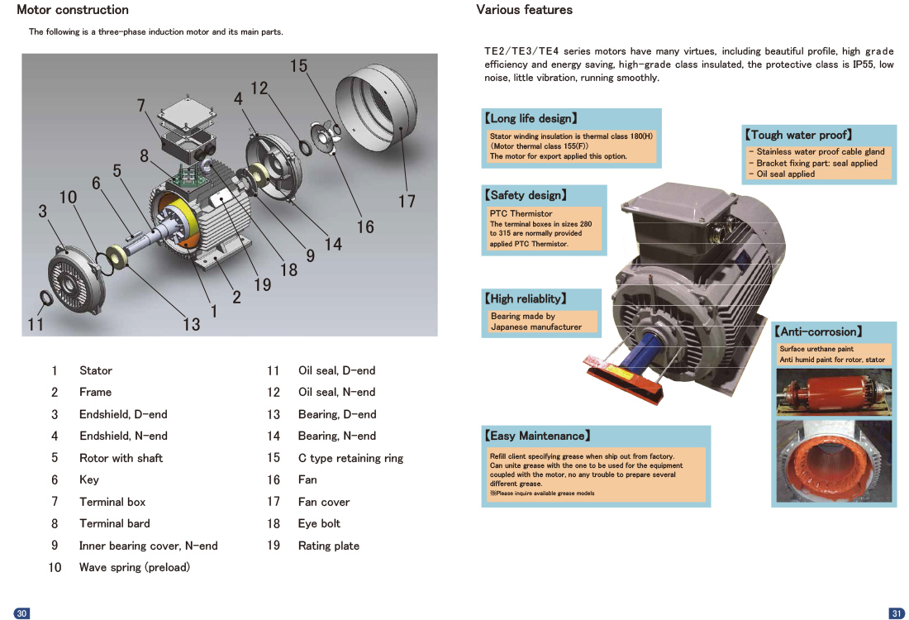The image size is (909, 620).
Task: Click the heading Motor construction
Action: pyautogui.click(x=73, y=10)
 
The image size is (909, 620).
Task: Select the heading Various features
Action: pyautogui.click(x=524, y=10)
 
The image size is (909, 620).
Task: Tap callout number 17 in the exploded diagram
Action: pyautogui.click(x=407, y=201)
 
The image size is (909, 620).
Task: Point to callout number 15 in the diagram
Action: pyautogui.click(x=298, y=66)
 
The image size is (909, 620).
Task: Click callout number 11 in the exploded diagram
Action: pyautogui.click(x=35, y=324)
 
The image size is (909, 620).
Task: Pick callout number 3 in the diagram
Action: pyautogui.click(x=42, y=211)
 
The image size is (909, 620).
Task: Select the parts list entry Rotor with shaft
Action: pyautogui.click(x=121, y=458)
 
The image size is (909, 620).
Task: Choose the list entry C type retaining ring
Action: pyautogui.click(x=350, y=458)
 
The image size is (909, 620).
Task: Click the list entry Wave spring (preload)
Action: pyautogui.click(x=134, y=567)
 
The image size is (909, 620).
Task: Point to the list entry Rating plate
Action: pyautogui.click(x=328, y=546)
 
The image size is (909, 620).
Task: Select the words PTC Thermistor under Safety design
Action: pyautogui.click(x=521, y=213)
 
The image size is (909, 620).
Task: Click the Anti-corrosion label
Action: pyautogui.click(x=818, y=331)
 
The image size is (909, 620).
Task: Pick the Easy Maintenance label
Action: pyautogui.click(x=537, y=436)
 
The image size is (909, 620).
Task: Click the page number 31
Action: pyautogui.click(x=897, y=613)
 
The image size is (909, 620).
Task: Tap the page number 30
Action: pyautogui.click(x=22, y=613)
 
